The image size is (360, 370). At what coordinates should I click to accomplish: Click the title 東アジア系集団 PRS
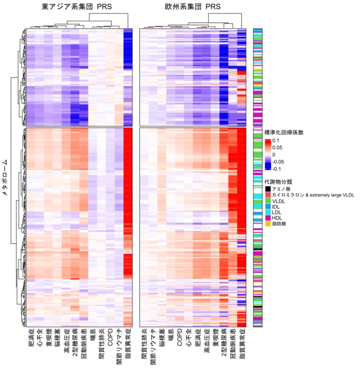click(77, 7)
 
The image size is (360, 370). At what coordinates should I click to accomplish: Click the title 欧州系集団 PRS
click(193, 7)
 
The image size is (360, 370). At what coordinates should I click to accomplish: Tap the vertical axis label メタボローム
click(6, 177)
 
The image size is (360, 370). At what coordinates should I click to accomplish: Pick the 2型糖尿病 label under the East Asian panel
click(75, 342)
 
